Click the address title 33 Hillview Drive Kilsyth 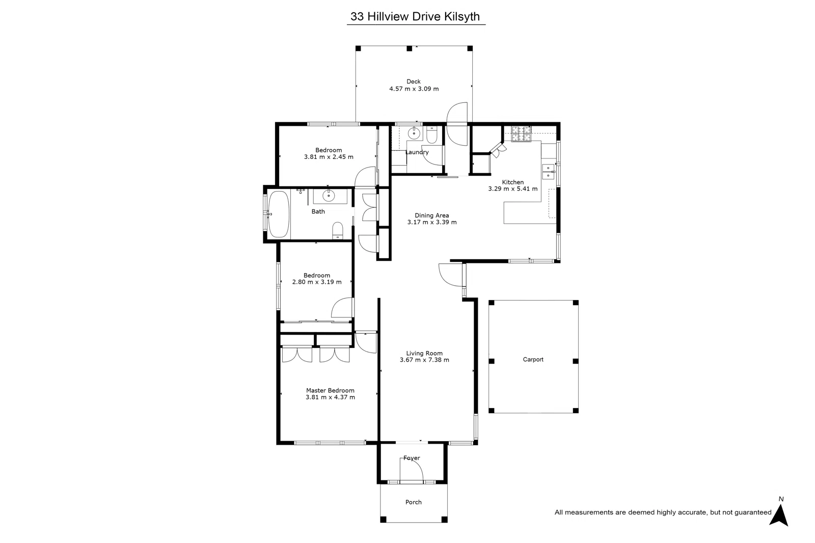[415, 16]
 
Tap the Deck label [413, 82]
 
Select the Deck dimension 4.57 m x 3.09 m [414, 89]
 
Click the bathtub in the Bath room [279, 214]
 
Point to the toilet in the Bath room [338, 230]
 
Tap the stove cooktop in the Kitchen [521, 133]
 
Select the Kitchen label [512, 182]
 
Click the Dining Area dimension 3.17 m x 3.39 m [431, 222]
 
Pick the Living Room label [424, 353]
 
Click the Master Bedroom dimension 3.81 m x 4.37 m [330, 397]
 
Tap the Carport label [533, 359]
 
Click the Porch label [413, 502]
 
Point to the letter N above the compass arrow [781, 499]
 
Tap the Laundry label [417, 152]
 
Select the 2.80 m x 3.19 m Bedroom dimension [316, 282]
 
